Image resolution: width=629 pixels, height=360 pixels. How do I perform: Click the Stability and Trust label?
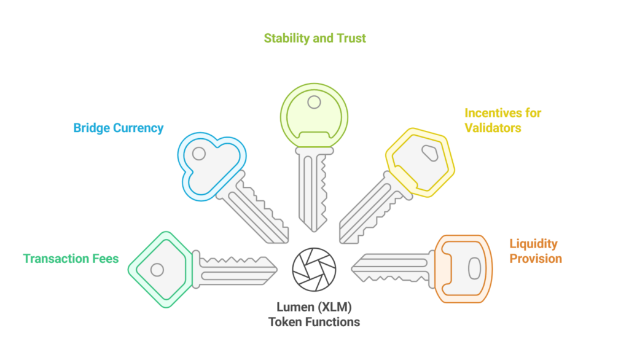pos(314,38)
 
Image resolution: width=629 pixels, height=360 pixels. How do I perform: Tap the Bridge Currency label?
pos(119,128)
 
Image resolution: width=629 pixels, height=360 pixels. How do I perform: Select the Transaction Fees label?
pos(71,259)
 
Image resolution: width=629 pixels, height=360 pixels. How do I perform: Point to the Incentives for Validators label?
pos(502,121)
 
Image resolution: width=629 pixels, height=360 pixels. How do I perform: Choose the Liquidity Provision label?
pos(535,251)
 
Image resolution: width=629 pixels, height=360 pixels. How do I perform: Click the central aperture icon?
pos(314,268)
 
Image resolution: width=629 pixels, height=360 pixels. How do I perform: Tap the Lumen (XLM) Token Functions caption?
pos(314,313)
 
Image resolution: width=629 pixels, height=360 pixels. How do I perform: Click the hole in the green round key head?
pos(314,102)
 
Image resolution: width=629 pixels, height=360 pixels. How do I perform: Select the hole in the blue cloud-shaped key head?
pos(199,154)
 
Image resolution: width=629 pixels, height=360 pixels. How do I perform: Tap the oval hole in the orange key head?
pos(474,268)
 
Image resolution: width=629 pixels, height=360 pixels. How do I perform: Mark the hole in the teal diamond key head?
pos(157,269)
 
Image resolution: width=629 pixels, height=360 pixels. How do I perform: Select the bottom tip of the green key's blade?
pos(314,230)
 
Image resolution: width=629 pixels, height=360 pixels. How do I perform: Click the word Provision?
pos(535,259)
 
